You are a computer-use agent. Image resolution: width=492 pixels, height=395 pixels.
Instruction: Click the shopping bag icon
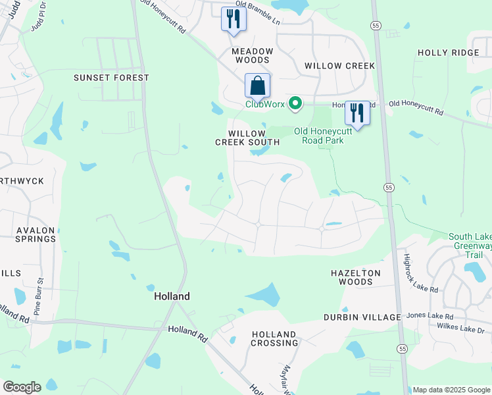pos(257,86)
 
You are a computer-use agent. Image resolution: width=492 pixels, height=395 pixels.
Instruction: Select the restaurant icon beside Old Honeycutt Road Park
pos(357,113)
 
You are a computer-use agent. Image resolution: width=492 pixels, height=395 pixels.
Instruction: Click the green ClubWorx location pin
pos(296,103)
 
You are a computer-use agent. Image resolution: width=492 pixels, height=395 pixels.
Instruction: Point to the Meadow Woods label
pos(252,55)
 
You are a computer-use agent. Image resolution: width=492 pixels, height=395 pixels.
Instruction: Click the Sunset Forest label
pos(111,78)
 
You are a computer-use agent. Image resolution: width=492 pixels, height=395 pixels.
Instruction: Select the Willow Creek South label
pos(248,138)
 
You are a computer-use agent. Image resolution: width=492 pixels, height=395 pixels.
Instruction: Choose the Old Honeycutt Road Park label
pos(318,136)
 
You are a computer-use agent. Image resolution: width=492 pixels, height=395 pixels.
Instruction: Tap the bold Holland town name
pos(172,296)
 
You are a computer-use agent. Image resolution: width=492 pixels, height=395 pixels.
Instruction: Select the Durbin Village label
pos(362,317)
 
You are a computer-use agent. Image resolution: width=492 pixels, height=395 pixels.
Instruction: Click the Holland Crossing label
pos(274,338)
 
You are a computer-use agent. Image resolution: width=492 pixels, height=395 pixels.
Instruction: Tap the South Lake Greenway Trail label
pos(470,246)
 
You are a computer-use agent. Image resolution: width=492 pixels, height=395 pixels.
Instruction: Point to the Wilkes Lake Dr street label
pos(460,327)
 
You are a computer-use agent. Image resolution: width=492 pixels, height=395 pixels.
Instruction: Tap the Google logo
pos(22,387)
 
